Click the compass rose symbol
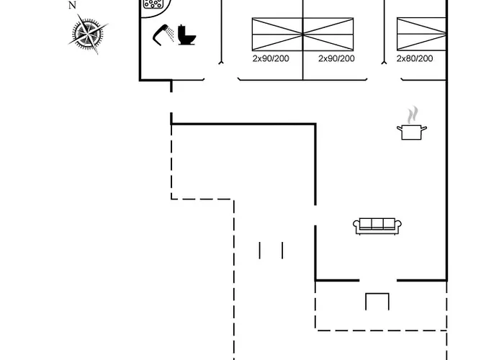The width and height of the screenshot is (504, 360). coord(90,32)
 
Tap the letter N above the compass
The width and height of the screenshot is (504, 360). coord(72,5)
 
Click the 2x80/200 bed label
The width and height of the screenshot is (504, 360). coord(414,58)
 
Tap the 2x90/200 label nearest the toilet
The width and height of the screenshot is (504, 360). coord(271,58)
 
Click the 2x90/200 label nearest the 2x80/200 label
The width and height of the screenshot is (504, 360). coord(336,58)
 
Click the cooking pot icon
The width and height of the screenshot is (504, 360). coord(412,131)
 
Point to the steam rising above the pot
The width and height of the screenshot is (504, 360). coord(412,114)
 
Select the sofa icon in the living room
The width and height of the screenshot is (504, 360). coord(377,226)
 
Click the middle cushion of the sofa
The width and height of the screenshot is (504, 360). coord(377,224)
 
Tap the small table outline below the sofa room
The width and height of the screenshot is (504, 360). coord(377,301)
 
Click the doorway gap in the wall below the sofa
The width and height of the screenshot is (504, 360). coord(377,280)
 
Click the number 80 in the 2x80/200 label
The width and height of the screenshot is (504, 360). coord(411,58)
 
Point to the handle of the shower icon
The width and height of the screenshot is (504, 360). coord(158,38)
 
